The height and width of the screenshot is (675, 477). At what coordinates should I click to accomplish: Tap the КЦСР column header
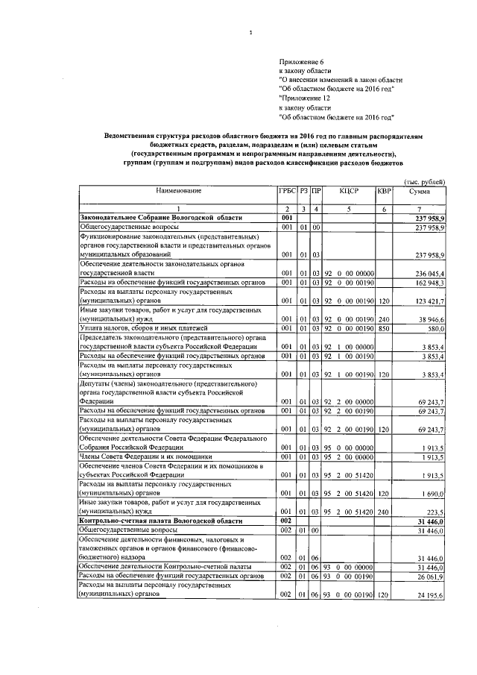click(349, 192)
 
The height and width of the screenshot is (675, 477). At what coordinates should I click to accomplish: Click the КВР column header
click(384, 192)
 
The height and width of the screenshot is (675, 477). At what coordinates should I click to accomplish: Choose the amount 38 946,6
click(432, 320)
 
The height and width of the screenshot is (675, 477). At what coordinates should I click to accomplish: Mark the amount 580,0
click(436, 329)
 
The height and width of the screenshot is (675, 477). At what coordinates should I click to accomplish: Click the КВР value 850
click(384, 329)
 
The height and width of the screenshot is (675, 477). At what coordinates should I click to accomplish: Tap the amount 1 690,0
click(433, 493)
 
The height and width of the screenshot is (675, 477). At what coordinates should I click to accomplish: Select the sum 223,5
click(436, 512)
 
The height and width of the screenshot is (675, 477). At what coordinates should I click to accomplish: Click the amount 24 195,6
click(432, 594)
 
